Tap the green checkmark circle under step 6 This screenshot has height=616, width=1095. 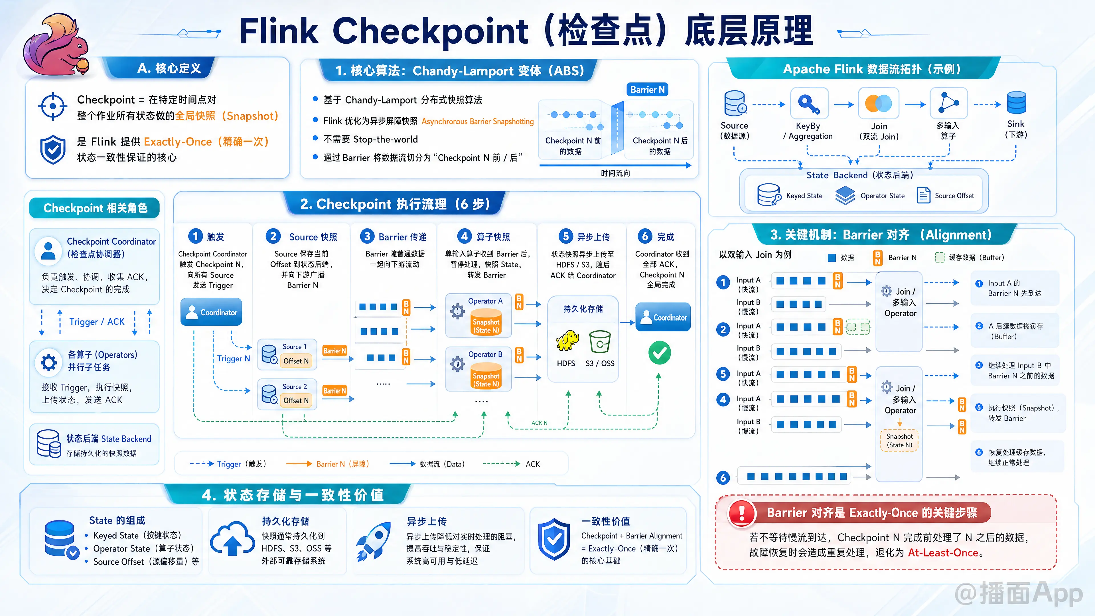(659, 352)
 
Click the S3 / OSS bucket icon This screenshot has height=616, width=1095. (600, 341)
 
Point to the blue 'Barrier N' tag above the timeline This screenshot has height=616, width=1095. (647, 90)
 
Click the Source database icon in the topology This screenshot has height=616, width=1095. (735, 103)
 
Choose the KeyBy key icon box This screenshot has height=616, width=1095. (809, 103)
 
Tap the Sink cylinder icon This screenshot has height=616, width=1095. (1016, 103)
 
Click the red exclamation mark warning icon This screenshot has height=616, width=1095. (742, 513)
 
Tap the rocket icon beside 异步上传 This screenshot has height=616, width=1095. (374, 541)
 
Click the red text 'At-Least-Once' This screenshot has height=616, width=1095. (943, 553)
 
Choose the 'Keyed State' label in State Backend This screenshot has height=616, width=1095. (804, 196)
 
